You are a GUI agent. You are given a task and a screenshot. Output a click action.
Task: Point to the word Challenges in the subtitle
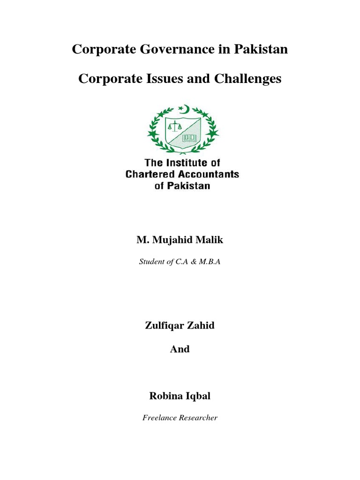(248, 79)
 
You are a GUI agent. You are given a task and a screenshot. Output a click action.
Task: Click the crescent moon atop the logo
(184, 109)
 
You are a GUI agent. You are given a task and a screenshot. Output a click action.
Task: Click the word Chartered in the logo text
(150, 174)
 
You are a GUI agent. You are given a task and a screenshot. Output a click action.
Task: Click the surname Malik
(209, 240)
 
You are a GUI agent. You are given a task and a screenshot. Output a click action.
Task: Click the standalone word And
(180, 349)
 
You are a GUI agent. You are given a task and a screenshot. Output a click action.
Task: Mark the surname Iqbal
(198, 396)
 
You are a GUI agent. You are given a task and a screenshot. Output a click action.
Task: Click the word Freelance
(159, 418)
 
